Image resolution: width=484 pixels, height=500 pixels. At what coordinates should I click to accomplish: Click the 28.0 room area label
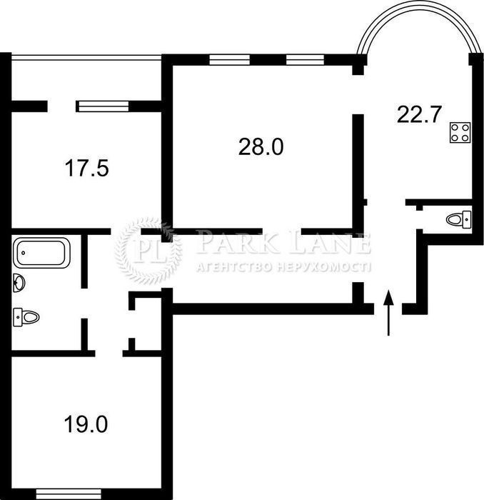(x=261, y=147)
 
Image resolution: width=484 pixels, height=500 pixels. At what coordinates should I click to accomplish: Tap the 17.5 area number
(x=86, y=168)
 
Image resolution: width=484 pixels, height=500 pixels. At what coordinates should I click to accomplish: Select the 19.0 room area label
(x=86, y=424)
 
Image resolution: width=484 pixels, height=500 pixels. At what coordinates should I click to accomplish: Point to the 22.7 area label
(x=418, y=114)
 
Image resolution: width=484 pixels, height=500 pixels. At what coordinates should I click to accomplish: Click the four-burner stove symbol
(x=460, y=132)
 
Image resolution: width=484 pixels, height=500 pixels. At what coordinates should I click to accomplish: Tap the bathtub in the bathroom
(x=41, y=253)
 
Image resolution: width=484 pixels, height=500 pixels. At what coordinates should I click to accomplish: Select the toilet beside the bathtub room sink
(x=26, y=317)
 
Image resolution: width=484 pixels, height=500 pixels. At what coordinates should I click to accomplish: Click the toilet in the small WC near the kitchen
(x=458, y=219)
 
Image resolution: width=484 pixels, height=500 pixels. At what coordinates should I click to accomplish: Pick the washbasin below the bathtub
(x=19, y=283)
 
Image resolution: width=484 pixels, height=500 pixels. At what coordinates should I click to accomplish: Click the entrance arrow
(x=388, y=313)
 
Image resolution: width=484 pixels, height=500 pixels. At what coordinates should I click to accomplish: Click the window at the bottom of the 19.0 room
(x=69, y=494)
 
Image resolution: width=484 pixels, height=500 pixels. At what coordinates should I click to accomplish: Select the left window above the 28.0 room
(x=229, y=59)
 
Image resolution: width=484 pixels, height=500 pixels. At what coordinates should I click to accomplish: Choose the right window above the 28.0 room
(x=305, y=59)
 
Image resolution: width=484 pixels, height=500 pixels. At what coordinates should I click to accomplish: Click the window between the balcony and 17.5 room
(x=104, y=106)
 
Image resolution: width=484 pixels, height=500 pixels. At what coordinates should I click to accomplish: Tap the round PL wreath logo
(x=148, y=251)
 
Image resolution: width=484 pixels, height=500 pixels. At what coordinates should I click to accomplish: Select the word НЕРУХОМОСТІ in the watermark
(x=323, y=267)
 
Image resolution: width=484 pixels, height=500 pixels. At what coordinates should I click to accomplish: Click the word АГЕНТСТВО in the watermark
(x=235, y=267)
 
